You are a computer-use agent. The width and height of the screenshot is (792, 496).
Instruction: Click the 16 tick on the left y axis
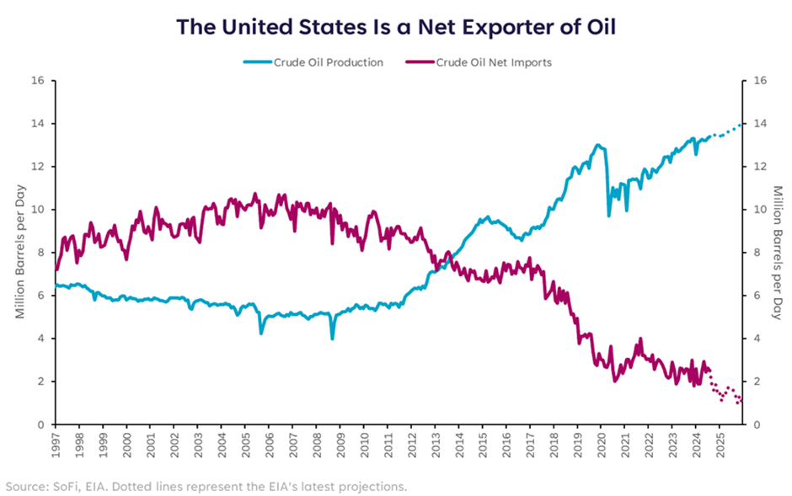point(37,81)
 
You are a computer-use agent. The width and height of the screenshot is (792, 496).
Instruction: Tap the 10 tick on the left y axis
point(37,210)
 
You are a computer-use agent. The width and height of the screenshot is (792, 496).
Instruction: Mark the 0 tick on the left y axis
point(40,424)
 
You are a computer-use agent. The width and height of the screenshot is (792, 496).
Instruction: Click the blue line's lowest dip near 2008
point(332,338)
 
